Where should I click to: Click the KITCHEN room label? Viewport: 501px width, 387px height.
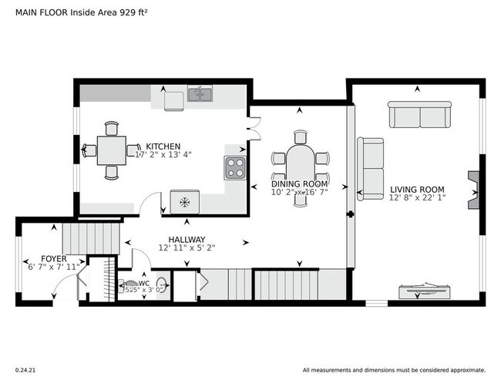click(163, 146)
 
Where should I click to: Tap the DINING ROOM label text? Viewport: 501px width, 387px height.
click(299, 184)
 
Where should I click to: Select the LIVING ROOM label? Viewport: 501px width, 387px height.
click(417, 189)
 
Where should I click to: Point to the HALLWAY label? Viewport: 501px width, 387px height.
click(186, 239)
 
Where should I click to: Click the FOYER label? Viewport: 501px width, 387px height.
click(53, 258)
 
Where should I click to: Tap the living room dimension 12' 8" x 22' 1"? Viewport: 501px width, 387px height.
click(417, 198)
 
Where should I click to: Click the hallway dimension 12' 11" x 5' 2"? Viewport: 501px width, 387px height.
click(186, 248)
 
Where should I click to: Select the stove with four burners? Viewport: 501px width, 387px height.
click(234, 167)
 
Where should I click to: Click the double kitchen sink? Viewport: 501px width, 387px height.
click(200, 96)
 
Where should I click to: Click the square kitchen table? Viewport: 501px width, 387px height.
click(112, 150)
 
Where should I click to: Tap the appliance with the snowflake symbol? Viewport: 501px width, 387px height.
click(184, 202)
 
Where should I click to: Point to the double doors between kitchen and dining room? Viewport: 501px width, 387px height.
click(254, 126)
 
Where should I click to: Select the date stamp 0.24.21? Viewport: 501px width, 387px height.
click(26, 369)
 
